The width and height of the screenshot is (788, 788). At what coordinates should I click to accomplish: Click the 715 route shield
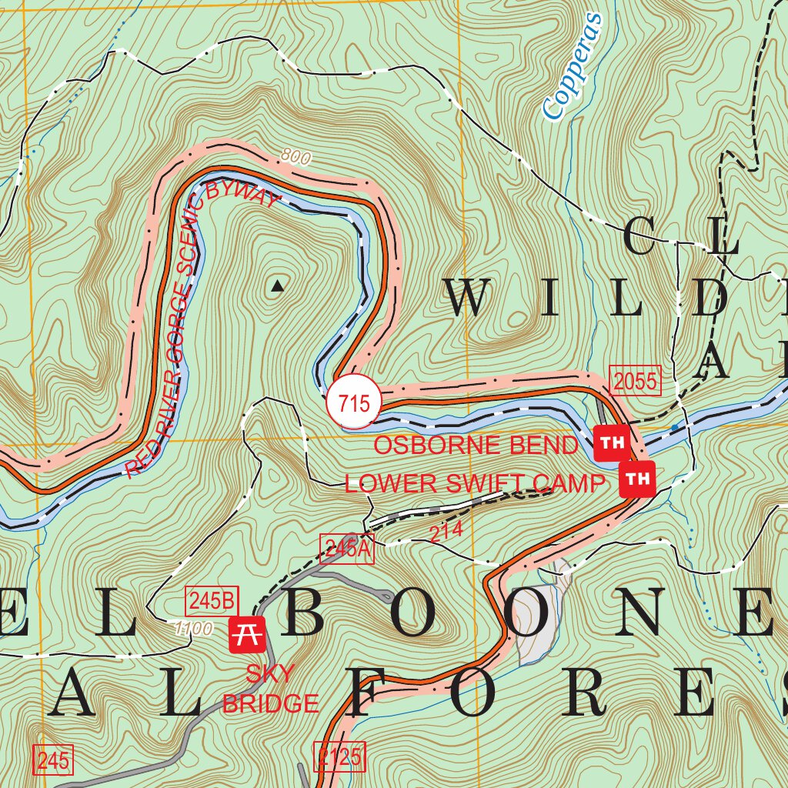pos(353,402)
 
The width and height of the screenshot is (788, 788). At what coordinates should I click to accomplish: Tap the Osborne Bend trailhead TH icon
pos(611,442)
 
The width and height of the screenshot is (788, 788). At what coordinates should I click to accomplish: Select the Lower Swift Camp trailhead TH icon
pos(636,479)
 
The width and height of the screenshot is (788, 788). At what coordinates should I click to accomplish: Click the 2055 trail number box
pos(636,380)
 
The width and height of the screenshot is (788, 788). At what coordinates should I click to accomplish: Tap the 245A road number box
pos(346,549)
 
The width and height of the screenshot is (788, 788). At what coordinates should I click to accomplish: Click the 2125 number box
pos(339,757)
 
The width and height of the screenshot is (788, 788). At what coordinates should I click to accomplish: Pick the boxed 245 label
pos(53,762)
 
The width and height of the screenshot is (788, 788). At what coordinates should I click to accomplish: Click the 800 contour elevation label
pos(295,159)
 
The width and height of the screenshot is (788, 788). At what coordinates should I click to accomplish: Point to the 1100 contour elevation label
pos(193,629)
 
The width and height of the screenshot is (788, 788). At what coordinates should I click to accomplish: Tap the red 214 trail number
pos(446,532)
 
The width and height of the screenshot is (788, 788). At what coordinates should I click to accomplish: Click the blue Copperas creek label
pos(570,67)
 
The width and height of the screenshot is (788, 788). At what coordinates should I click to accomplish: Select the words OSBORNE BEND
pos(475,445)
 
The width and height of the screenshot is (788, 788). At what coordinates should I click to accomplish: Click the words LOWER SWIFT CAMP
pos(474,484)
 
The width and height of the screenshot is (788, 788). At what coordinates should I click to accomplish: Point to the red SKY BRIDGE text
pos(270,689)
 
